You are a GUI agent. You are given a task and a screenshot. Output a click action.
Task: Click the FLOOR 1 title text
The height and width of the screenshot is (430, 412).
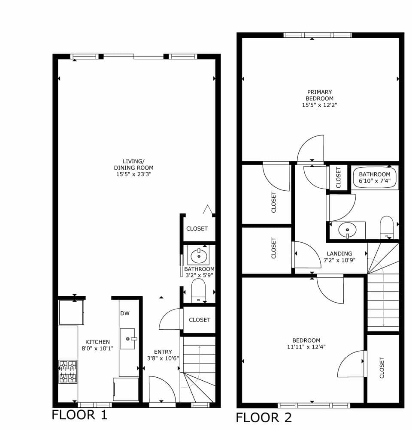79,415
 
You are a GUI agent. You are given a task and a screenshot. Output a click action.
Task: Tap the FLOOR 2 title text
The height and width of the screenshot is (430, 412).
264,417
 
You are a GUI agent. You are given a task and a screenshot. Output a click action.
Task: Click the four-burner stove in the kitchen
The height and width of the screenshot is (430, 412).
68,372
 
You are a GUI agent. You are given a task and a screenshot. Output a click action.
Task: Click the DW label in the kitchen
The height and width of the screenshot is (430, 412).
125,313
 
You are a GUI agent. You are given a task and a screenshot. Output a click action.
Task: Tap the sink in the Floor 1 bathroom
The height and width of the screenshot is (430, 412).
198,257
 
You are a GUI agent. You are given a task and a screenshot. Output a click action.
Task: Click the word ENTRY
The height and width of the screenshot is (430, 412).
163,352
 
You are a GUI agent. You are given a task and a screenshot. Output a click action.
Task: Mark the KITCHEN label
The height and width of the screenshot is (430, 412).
97,342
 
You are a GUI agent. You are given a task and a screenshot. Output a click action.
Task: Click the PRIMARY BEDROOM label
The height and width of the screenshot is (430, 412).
319,95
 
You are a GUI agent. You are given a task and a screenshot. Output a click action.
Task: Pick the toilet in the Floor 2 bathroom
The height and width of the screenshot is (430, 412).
387,227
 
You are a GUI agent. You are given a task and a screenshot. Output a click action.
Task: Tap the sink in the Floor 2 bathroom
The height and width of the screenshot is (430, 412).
347,231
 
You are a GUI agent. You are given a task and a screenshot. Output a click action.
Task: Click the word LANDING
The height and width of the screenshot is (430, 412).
339,253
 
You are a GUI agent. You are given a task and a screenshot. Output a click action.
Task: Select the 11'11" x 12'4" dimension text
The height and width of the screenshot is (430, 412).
306,347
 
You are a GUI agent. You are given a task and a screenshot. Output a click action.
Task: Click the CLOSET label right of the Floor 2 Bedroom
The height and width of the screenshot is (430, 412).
382,367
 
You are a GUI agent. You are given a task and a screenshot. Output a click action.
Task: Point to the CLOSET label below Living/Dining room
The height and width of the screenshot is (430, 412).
197,229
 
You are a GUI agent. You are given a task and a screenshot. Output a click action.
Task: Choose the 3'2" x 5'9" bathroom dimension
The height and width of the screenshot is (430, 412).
199,275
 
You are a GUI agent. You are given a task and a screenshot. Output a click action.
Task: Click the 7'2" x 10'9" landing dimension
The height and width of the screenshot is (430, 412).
339,260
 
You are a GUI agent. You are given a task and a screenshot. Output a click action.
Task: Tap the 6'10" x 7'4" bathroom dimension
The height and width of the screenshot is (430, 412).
375,181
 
